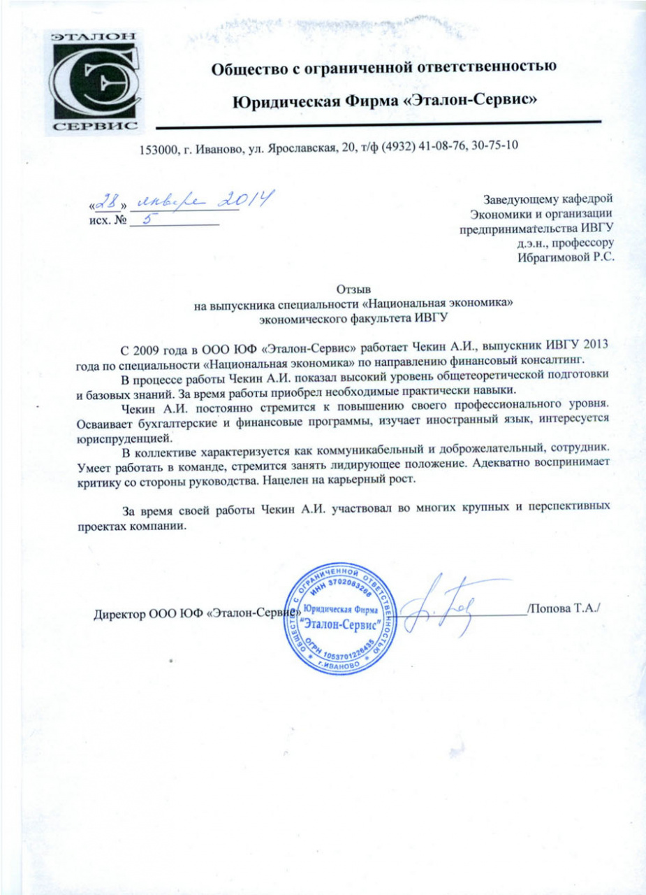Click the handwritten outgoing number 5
point(145,220)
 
